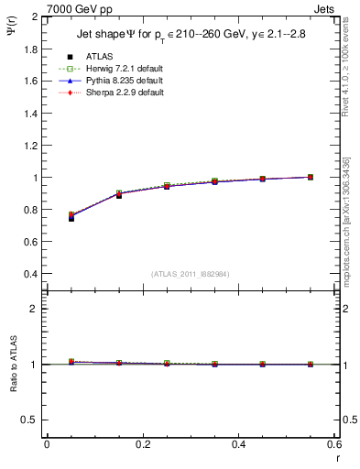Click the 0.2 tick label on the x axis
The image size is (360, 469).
[x=142, y=444]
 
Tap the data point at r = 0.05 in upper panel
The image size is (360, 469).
[x=71, y=217]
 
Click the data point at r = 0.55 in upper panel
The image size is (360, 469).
[x=311, y=177]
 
